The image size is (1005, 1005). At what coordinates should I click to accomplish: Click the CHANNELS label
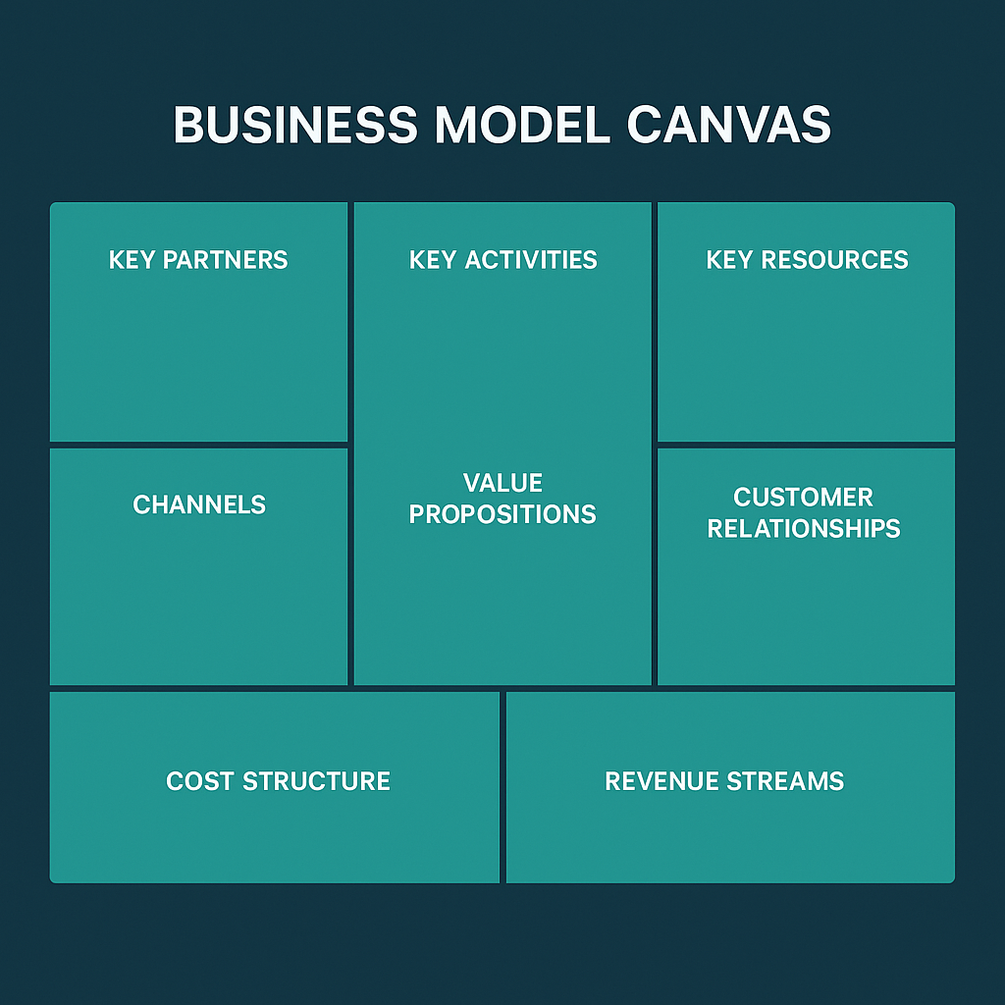[x=199, y=504]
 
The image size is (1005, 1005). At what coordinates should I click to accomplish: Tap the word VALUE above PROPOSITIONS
[x=502, y=483]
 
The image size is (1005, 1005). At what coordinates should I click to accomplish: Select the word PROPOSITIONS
[x=502, y=514]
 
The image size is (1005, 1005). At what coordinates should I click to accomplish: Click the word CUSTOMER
[x=803, y=498]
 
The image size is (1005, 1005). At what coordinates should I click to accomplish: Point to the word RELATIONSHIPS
[x=803, y=529]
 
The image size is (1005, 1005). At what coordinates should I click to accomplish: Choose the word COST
[x=200, y=781]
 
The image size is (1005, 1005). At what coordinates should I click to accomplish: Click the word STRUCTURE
[x=316, y=781]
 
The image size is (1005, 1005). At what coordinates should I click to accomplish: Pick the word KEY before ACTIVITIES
[x=432, y=260]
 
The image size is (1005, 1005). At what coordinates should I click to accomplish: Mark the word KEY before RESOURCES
[x=729, y=260]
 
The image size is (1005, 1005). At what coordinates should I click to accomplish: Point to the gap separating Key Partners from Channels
[x=199, y=445]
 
